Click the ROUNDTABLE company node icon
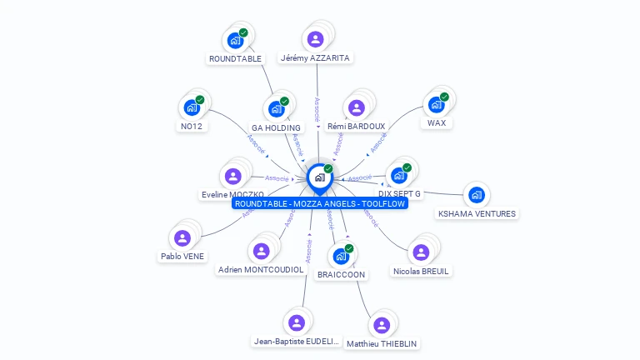tap(235, 40)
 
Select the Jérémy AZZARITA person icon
tap(315, 39)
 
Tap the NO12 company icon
tap(192, 107)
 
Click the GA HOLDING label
tap(276, 127)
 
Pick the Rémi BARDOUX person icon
tap(356, 108)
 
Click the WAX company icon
tap(436, 105)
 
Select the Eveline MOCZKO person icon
tap(232, 176)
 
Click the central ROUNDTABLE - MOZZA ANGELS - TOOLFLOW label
tap(320, 203)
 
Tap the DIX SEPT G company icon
tap(398, 176)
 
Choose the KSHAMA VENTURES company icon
tap(476, 195)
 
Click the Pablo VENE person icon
tap(182, 238)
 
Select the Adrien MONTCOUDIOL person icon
tap(261, 252)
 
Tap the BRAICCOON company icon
tap(341, 256)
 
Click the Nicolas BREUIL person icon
tap(420, 252)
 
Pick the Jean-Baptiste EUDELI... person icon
tap(296, 322)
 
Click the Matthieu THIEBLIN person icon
tap(381, 325)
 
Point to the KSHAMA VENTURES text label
tap(477, 213)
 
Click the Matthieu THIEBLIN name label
tap(382, 343)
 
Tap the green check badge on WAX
tap(444, 97)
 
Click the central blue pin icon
tap(319, 177)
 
